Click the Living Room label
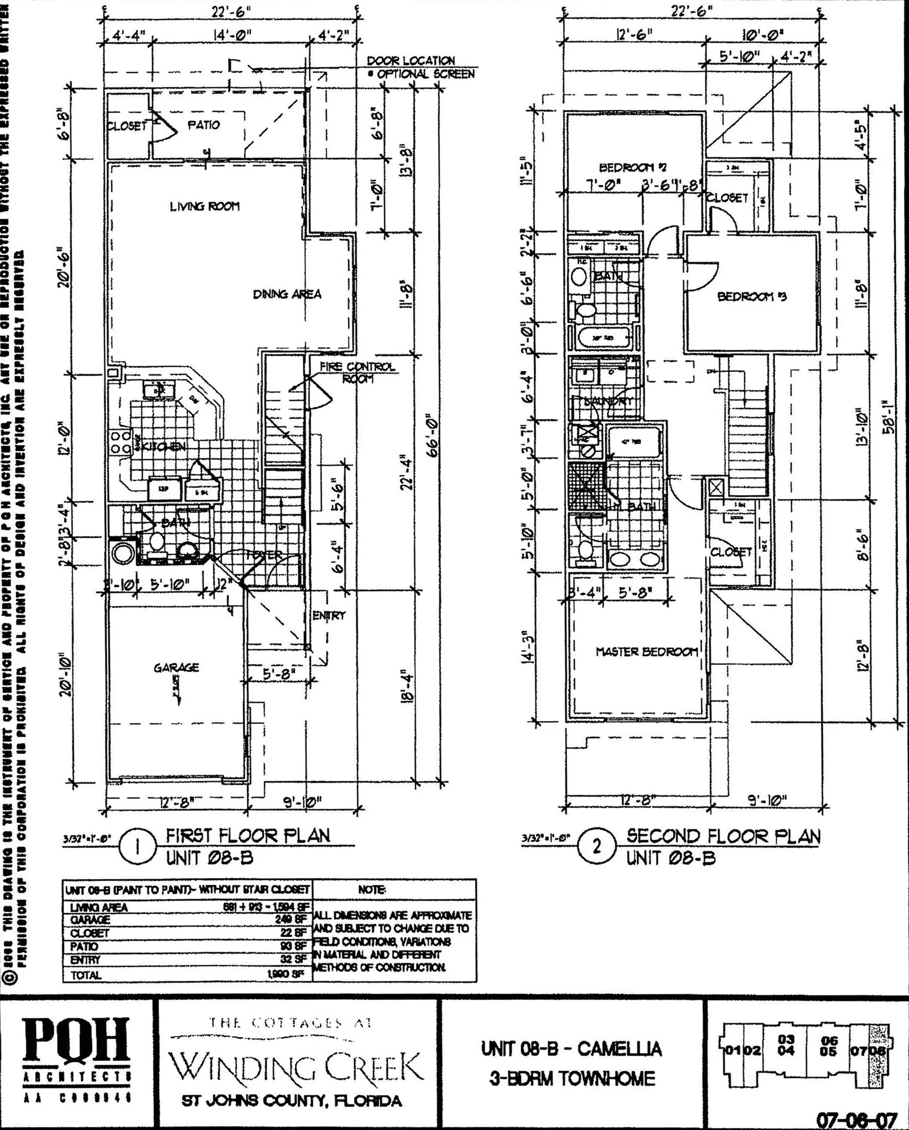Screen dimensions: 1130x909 (x=204, y=206)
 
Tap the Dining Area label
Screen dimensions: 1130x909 (x=287, y=294)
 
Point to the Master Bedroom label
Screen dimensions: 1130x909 (x=647, y=651)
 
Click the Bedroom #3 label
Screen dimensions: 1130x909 (x=752, y=297)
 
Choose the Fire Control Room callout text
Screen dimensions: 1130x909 (x=357, y=372)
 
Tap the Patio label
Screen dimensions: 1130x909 (x=204, y=125)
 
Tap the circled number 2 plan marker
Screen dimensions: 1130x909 (x=596, y=847)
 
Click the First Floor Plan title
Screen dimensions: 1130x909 (x=248, y=835)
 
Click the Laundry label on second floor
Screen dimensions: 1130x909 (x=608, y=402)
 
